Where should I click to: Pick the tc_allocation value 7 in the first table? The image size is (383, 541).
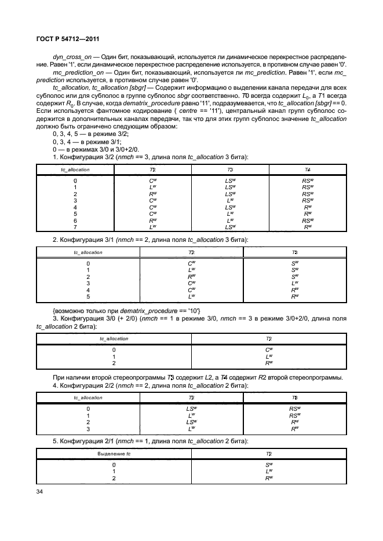[x=75, y=227]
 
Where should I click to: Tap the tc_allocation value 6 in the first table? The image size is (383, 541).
[x=75, y=220]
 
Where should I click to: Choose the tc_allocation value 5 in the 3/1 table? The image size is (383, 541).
[x=88, y=296]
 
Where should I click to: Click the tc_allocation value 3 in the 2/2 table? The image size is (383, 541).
[x=88, y=429]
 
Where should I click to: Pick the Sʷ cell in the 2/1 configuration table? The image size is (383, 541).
[x=268, y=465]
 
